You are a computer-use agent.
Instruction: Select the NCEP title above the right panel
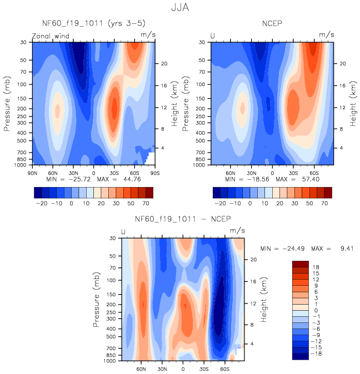point(272,23)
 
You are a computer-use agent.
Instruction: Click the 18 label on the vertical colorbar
point(316,267)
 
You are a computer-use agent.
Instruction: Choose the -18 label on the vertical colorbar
point(317,353)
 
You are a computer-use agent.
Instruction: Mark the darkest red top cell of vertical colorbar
point(301,264)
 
